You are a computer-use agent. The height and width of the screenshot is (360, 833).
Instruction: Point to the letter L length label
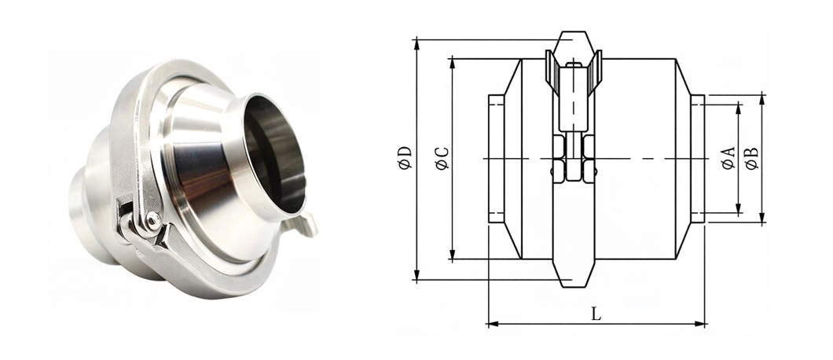[x=596, y=314]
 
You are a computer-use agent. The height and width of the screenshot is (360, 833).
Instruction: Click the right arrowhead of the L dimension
[x=699, y=323]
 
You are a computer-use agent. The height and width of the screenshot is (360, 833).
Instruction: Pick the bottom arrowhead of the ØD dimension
[x=417, y=274]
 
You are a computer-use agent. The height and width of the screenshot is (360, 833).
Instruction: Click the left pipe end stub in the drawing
[x=496, y=159]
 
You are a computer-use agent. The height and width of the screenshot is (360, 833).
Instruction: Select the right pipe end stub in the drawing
[x=698, y=159]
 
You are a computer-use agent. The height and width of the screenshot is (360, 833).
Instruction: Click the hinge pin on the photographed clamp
[x=152, y=219]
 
